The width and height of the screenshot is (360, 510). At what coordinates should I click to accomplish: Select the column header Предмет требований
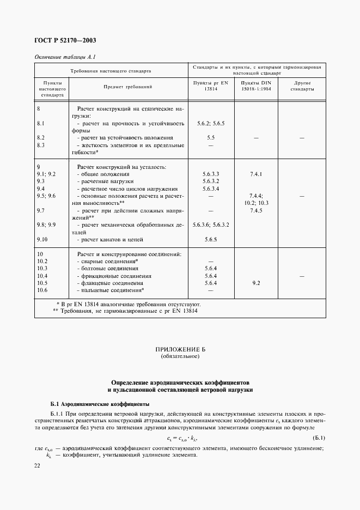(127, 87)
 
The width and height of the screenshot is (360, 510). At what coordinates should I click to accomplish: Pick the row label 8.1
(40, 124)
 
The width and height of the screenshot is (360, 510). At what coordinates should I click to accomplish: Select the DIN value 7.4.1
(256, 174)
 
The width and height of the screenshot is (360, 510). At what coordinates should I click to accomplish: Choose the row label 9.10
(42, 239)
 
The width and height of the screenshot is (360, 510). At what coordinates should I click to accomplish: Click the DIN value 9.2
(256, 283)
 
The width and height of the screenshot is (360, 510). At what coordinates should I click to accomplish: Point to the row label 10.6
(42, 290)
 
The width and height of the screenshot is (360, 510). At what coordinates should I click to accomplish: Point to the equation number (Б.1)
(319, 438)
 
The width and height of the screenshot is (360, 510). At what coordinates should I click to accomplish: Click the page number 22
(38, 466)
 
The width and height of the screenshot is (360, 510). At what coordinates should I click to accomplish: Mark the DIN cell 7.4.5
(256, 210)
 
